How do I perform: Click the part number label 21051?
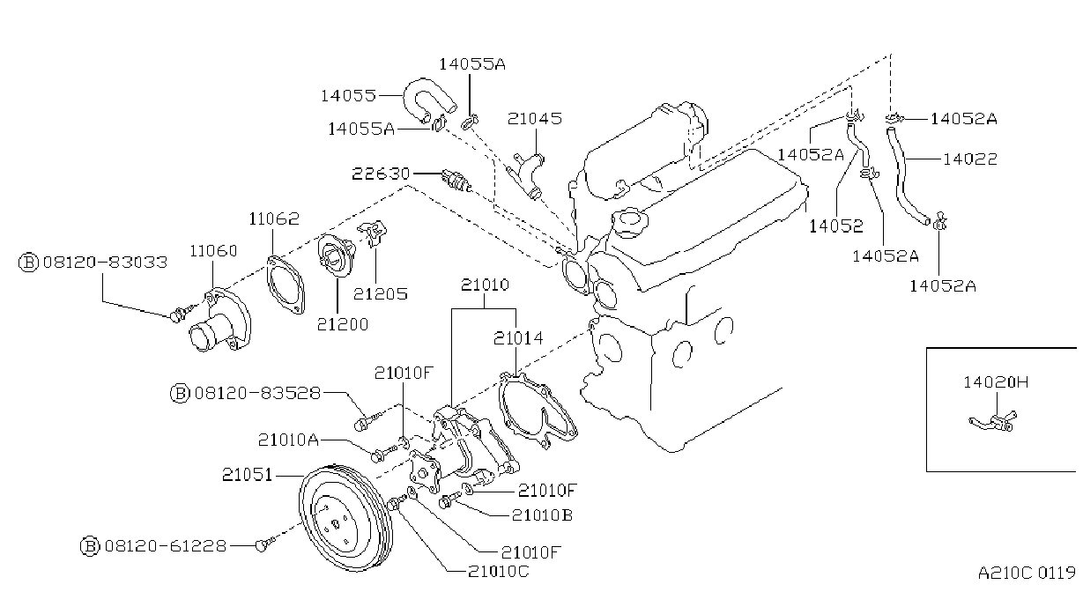(x=247, y=475)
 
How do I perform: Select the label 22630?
(x=381, y=174)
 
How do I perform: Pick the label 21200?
(x=342, y=324)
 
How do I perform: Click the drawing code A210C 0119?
(x=1026, y=573)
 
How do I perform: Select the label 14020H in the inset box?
(x=996, y=382)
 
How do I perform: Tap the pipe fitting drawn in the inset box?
(x=993, y=421)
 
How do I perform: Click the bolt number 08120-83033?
(x=105, y=262)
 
